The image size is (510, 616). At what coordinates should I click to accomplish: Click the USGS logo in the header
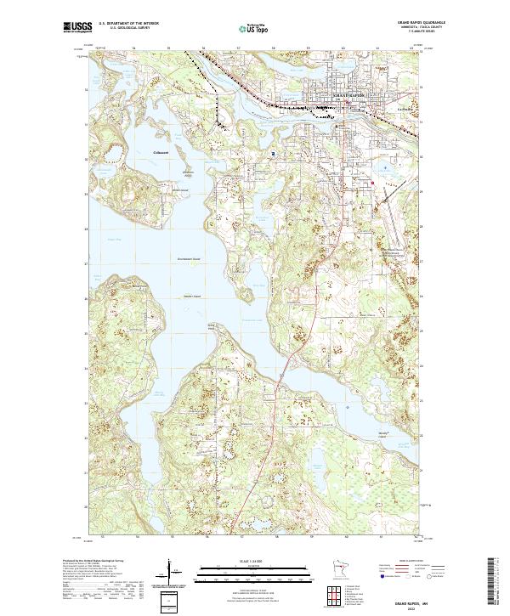tap(76, 27)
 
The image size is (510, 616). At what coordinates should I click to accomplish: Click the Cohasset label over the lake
tap(161, 151)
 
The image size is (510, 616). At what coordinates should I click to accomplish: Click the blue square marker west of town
tap(274, 153)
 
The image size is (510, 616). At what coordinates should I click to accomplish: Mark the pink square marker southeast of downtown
tap(372, 182)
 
